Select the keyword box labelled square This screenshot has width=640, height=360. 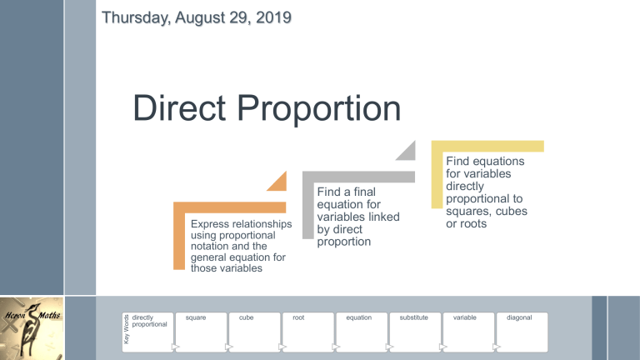click(x=201, y=332)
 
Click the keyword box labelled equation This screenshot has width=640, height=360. click(x=362, y=332)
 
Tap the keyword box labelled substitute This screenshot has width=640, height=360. click(x=415, y=332)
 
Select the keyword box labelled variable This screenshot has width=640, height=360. click(x=468, y=332)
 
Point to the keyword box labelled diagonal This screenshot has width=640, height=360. click(x=522, y=332)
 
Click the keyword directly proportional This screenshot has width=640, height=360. click(x=150, y=321)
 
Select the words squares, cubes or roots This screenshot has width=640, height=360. click(x=487, y=218)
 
